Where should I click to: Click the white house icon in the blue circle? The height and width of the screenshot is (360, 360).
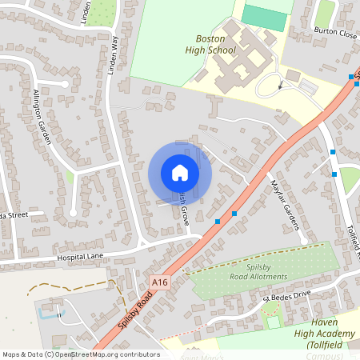click(x=180, y=173)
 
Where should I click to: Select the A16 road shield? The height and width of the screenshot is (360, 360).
click(x=160, y=282)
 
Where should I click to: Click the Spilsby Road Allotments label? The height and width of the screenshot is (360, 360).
click(x=256, y=271)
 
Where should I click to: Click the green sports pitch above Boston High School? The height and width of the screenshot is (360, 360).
click(x=264, y=18)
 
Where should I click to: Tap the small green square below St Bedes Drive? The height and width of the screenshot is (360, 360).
click(x=274, y=322)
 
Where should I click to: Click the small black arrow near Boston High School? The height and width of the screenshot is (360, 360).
click(x=280, y=82)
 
